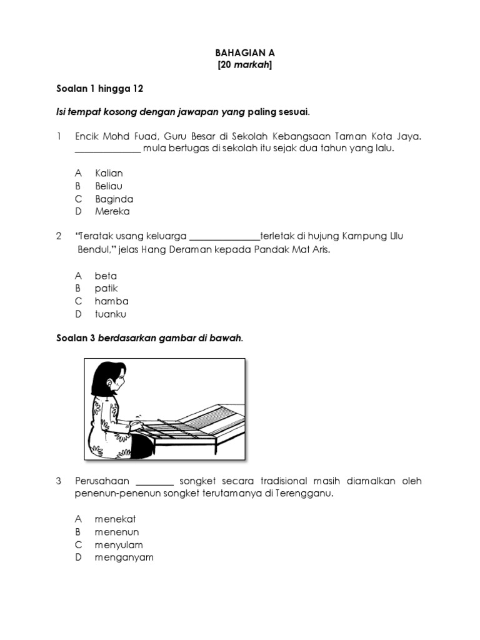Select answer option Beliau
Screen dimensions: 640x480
[x=109, y=186]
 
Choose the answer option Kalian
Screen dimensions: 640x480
[x=109, y=173]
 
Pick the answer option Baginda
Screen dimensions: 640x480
[x=114, y=199]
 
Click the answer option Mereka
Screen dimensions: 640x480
[x=112, y=211]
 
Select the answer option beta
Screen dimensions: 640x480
[x=106, y=276]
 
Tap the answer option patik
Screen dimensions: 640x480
[x=106, y=288]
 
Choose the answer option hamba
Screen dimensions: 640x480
[x=111, y=301]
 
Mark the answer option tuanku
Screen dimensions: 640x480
[x=110, y=314]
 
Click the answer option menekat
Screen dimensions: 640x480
[x=115, y=519]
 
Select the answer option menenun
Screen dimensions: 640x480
[x=116, y=532]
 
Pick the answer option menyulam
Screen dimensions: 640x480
[x=119, y=544]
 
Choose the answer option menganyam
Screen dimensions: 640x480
[x=124, y=557]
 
